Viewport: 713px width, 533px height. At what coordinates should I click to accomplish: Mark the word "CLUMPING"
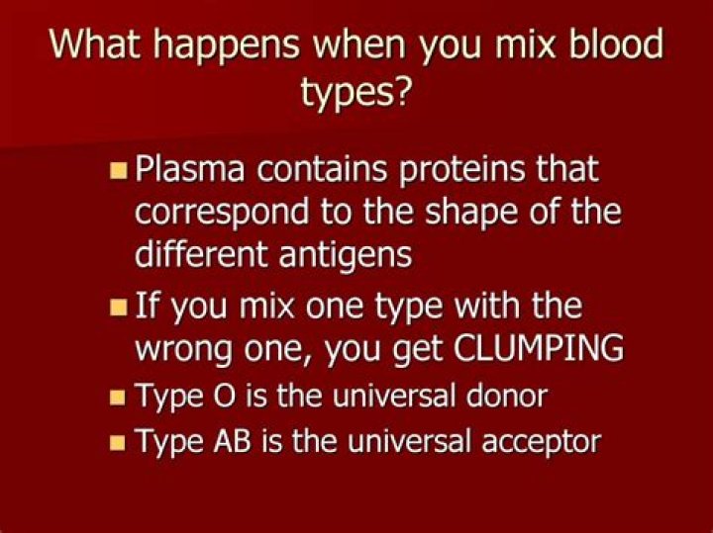click(526, 349)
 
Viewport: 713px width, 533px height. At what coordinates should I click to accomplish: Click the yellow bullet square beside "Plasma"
click(117, 171)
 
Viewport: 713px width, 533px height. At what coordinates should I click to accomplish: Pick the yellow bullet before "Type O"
click(117, 398)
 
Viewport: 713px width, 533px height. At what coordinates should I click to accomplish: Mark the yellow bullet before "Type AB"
click(117, 442)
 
